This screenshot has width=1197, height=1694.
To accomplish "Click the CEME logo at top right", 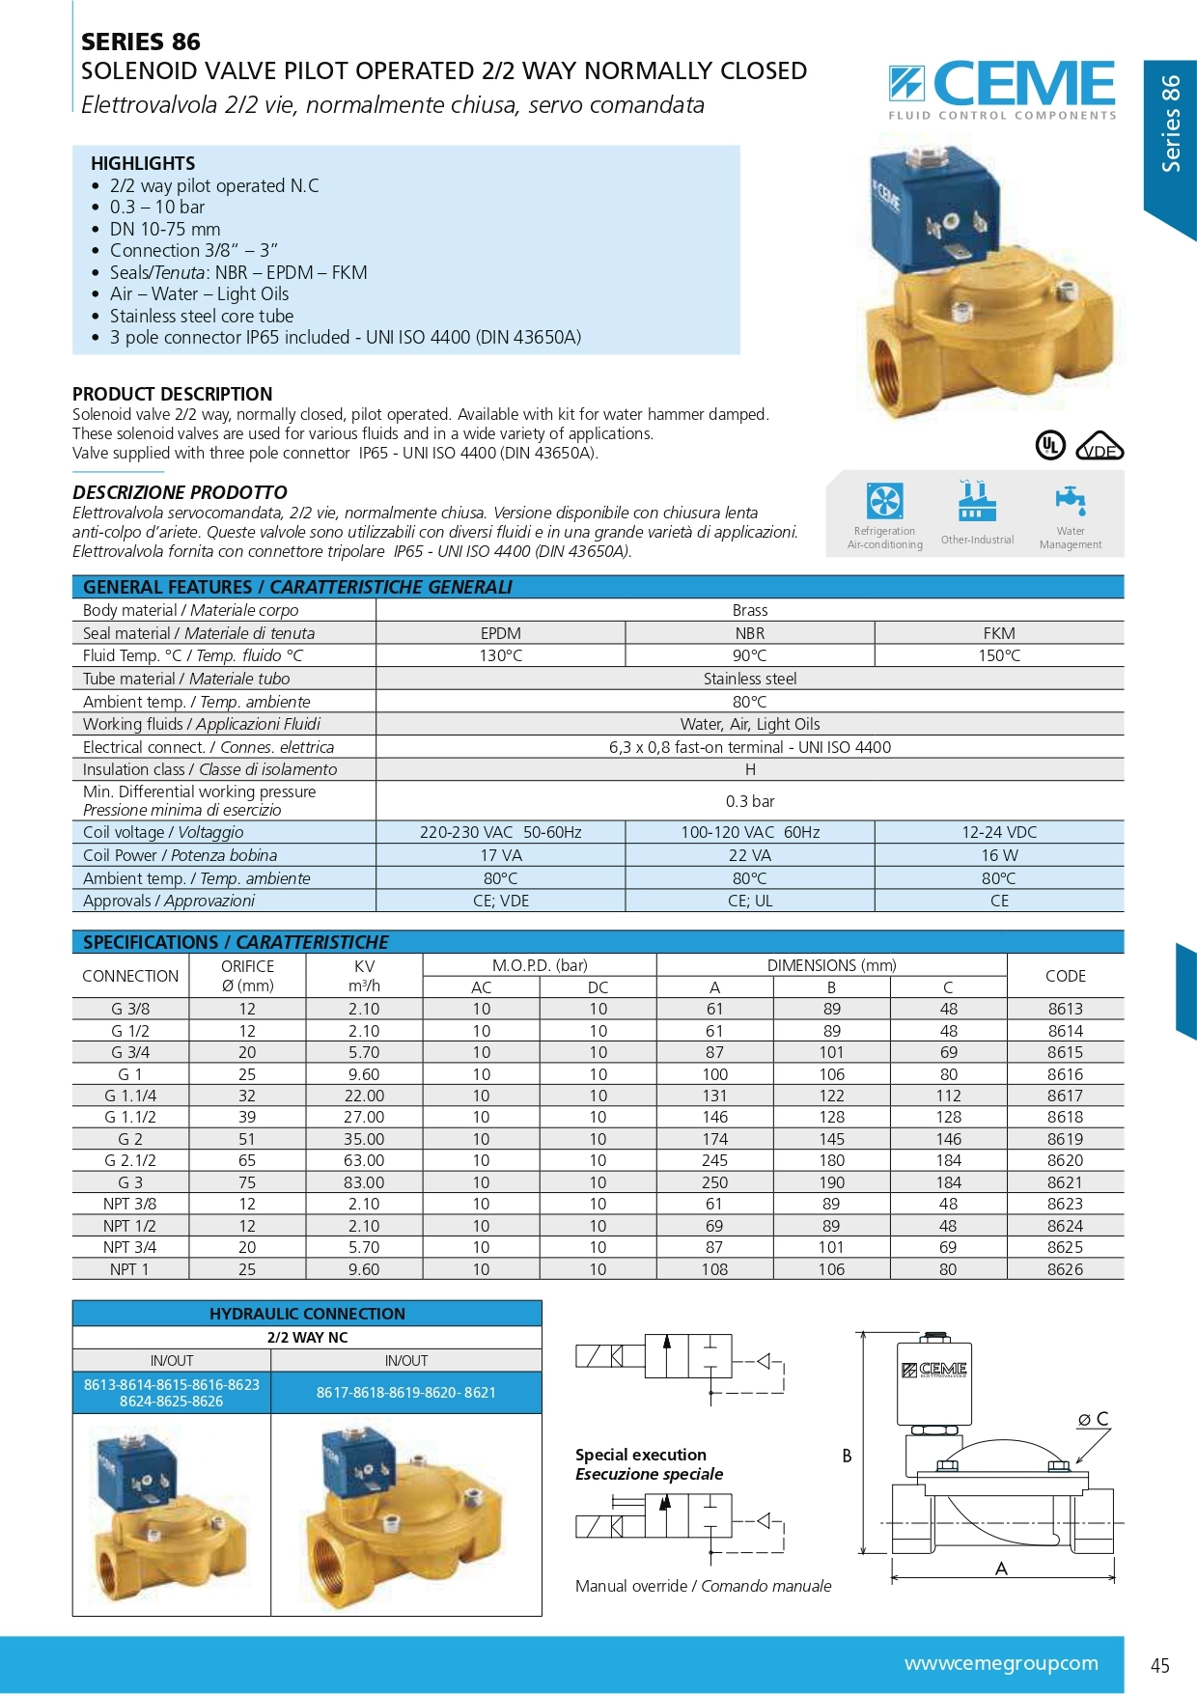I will click(x=1002, y=88).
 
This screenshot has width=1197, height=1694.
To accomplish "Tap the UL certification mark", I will click(x=1049, y=445).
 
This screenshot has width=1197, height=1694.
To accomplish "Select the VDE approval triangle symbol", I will click(x=1100, y=446).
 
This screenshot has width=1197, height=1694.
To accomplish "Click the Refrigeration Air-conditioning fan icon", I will click(x=884, y=501).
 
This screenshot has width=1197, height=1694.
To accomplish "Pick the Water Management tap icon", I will click(x=1070, y=500).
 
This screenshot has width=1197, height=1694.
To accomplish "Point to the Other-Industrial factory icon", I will click(x=977, y=501).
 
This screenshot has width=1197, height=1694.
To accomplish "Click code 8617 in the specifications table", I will click(x=1065, y=1096).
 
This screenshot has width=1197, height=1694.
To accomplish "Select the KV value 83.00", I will click(x=364, y=1182).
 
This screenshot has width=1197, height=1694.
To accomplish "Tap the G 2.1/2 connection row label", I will click(x=130, y=1160).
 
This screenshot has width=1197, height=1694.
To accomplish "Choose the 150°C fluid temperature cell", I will click(x=999, y=655).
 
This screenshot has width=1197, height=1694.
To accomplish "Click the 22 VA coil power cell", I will click(x=750, y=855).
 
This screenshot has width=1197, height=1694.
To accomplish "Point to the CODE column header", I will click(x=1065, y=976).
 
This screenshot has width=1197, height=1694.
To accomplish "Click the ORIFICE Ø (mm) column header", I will click(x=247, y=976).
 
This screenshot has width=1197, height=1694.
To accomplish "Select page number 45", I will click(x=1160, y=1665).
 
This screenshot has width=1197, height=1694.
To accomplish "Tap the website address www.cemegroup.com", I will click(x=1001, y=1663).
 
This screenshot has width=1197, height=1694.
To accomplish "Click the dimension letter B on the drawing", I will click(x=847, y=1456).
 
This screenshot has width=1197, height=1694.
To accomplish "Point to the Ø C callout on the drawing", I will click(x=1094, y=1419).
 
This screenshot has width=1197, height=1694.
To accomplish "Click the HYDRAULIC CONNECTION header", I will click(x=307, y=1314).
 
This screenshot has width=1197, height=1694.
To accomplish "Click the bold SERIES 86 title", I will click(x=141, y=42).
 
